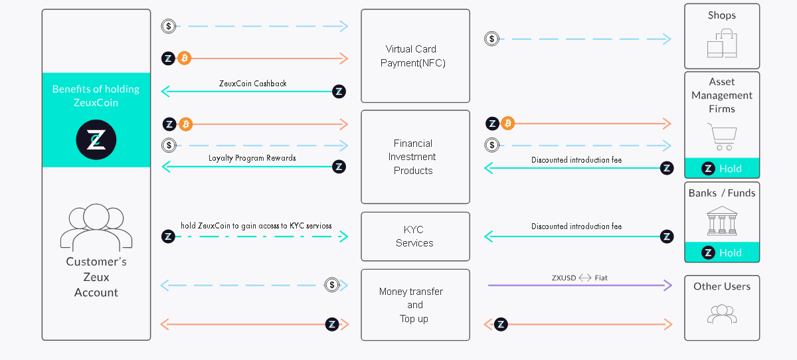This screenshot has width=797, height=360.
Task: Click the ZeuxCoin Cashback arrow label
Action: click(x=253, y=84)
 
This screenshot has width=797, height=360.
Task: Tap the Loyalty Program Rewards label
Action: click(x=252, y=158)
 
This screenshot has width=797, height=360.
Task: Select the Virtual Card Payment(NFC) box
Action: click(x=415, y=56)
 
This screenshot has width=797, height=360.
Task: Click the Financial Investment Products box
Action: click(x=415, y=157)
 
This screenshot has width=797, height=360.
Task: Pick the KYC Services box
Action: click(x=415, y=236)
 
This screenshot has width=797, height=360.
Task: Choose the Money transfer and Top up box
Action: click(x=415, y=305)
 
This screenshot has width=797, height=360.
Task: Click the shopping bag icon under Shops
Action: click(x=722, y=44)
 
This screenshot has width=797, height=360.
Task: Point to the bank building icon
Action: click(x=722, y=221)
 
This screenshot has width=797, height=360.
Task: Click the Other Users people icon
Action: click(x=722, y=314)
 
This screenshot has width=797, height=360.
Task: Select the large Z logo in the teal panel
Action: click(x=96, y=140)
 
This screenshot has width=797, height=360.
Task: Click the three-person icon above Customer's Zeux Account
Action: click(x=96, y=226)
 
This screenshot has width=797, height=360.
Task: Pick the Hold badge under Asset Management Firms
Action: click(x=722, y=169)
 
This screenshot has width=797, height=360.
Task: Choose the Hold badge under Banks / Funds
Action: click(x=722, y=252)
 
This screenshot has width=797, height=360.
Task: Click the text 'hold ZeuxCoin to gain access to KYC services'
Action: click(x=256, y=226)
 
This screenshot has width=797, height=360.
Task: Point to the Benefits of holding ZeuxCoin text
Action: click(x=96, y=96)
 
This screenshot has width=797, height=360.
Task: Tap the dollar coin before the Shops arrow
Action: click(x=491, y=39)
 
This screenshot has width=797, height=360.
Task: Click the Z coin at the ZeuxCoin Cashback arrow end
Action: click(x=339, y=92)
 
